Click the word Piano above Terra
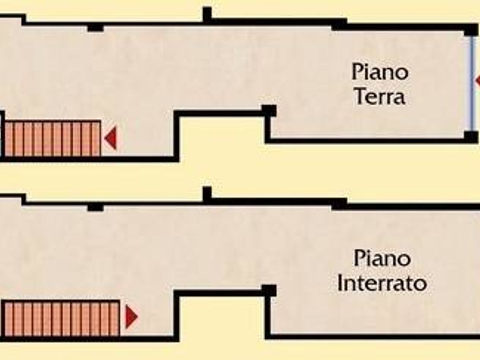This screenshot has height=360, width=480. point(380,72)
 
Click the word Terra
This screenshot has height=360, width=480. point(380,96)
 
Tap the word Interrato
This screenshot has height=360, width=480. point(382,283)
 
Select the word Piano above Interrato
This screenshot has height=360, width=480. point(382,258)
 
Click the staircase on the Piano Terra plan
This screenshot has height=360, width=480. point(52,138)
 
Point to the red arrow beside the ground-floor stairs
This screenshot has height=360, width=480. point(110,138)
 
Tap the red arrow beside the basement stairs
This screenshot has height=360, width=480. point(132,317)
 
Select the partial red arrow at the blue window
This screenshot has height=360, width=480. point(477,81)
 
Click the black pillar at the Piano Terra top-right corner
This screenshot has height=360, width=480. point(471,31)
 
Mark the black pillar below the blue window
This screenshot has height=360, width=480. point(471,137)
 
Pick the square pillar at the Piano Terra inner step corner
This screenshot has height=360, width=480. point(269,111)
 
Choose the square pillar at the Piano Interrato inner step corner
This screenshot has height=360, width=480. point(269,291)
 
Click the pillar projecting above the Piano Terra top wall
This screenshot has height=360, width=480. point(207,14)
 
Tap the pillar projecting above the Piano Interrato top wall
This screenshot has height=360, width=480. point(207,194)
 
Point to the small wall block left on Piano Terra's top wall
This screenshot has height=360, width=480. point(96,28)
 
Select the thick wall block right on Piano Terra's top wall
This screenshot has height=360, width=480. point(339,25)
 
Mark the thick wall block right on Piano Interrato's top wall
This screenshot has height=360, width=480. point(339,204)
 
